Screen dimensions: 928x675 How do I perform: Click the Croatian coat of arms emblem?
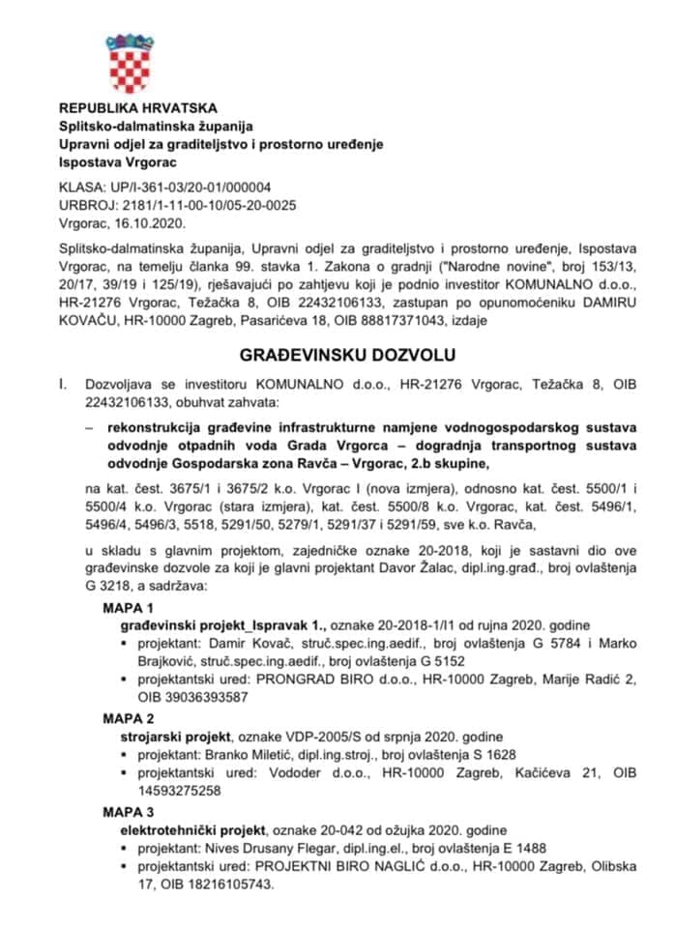pyautogui.click(x=129, y=63)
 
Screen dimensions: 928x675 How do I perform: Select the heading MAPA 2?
pyautogui.click(x=129, y=718)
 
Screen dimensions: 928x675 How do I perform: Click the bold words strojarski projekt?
pyautogui.click(x=169, y=736)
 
